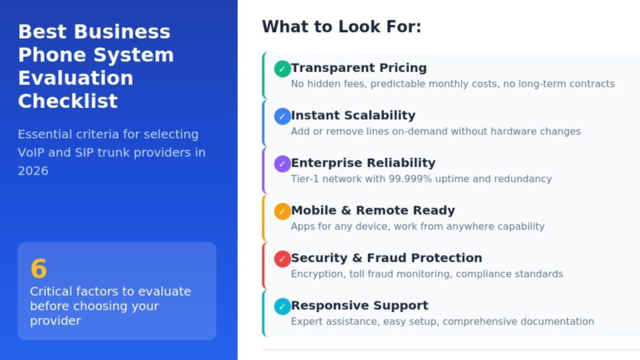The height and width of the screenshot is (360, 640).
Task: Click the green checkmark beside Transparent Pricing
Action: (x=282, y=69)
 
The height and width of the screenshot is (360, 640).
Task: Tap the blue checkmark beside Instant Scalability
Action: (x=282, y=116)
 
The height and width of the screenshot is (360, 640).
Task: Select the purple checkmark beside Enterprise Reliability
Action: (x=282, y=164)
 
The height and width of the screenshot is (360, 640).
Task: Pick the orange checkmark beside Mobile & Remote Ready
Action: (x=282, y=211)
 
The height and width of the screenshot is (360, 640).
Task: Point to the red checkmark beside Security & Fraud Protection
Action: (x=282, y=259)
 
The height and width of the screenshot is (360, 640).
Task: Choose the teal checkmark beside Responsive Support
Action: (x=282, y=306)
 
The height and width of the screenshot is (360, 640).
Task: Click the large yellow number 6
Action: (x=39, y=269)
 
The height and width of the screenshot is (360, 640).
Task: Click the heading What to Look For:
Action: (x=342, y=27)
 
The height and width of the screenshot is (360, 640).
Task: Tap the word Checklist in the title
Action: (x=68, y=101)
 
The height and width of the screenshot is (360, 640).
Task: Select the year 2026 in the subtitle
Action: (x=33, y=171)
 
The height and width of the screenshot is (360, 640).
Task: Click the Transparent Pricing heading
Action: (x=359, y=67)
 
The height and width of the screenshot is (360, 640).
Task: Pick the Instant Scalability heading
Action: (x=353, y=115)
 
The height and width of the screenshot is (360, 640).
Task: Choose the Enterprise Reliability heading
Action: (x=363, y=163)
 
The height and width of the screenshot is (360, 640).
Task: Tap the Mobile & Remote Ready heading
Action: (x=373, y=210)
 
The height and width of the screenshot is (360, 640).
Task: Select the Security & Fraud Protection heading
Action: (x=386, y=258)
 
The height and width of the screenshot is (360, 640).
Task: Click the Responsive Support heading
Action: (x=359, y=305)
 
